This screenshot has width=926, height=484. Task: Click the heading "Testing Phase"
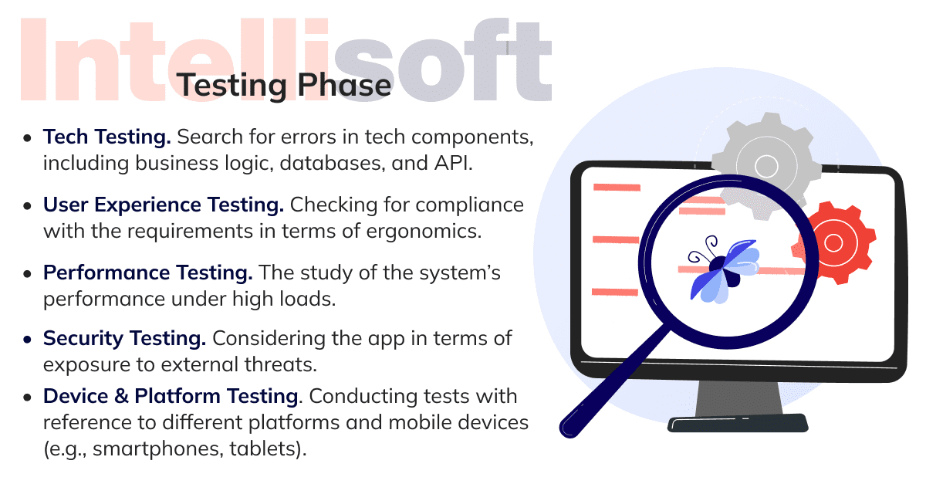click(284, 86)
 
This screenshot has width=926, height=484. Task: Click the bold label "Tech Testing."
click(107, 137)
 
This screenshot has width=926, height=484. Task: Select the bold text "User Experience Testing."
click(164, 205)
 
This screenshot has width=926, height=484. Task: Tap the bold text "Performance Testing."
click(147, 272)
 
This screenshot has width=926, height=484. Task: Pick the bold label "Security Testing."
click(124, 339)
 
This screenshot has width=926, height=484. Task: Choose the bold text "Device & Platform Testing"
click(171, 396)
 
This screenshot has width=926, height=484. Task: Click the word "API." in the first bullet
click(453, 163)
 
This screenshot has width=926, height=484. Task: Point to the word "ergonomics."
click(424, 232)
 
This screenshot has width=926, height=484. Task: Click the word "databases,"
click(333, 163)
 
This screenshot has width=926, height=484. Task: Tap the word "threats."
click(281, 364)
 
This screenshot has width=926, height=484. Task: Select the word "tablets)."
click(268, 449)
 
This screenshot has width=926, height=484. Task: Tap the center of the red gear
click(833, 243)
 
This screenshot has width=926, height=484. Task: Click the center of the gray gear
click(766, 166)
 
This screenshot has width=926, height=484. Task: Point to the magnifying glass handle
click(614, 383)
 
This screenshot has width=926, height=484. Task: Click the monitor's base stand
click(738, 407)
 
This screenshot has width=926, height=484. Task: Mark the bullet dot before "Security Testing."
click(27, 340)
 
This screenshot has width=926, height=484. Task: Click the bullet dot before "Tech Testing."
click(27, 138)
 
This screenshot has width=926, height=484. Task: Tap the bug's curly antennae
click(704, 249)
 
